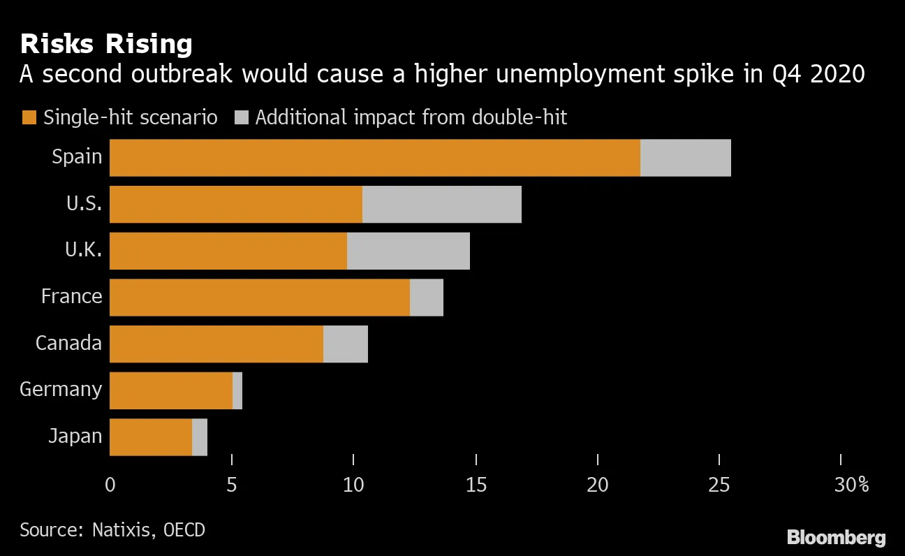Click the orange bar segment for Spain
tap(375, 157)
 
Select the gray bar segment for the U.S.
tap(441, 204)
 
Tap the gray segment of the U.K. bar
tap(408, 251)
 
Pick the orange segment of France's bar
tap(260, 297)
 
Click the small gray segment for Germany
tap(237, 390)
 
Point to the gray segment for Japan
tap(200, 437)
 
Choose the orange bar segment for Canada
tap(216, 344)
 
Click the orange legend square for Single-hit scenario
tap(28, 117)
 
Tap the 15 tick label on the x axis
tap(476, 485)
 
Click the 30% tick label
tap(851, 485)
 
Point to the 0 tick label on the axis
tap(110, 485)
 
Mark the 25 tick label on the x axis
tap(719, 485)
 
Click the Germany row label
tap(61, 389)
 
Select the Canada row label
tap(68, 343)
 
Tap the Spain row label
tap(77, 156)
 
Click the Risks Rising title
tap(106, 45)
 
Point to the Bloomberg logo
tap(836, 538)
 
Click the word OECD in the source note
tap(184, 529)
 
